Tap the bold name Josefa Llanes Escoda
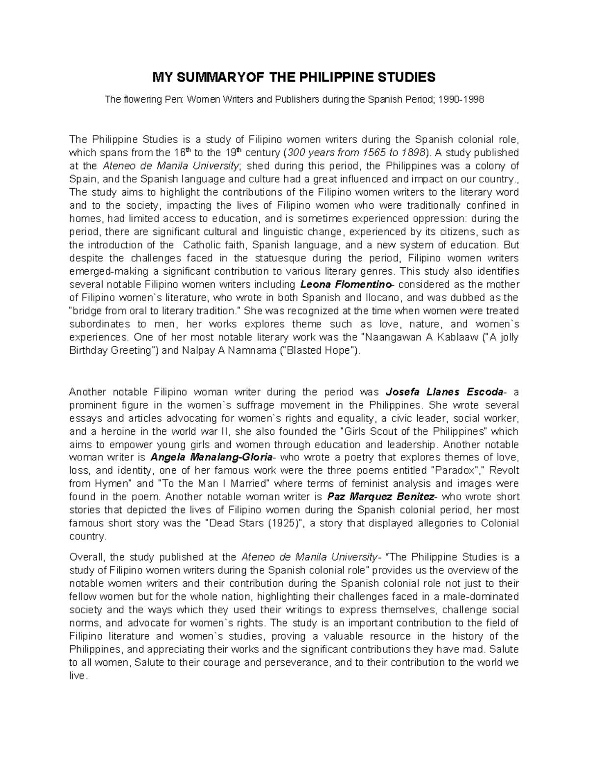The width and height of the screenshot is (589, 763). tap(445, 392)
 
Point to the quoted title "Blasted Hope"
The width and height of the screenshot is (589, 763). tap(321, 351)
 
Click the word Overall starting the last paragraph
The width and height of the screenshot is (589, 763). tap(86, 557)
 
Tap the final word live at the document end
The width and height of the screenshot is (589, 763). tap(77, 676)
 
